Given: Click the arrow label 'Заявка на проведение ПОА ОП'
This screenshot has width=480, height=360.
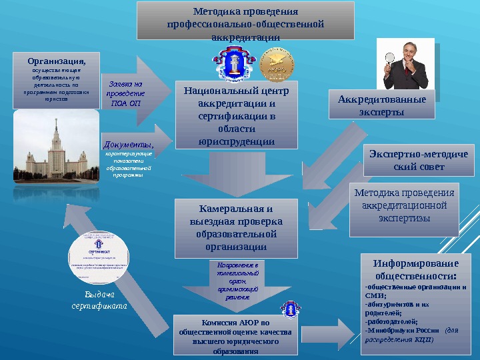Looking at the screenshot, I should click(126, 94).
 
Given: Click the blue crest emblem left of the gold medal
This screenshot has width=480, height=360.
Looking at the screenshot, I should click(231, 65).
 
